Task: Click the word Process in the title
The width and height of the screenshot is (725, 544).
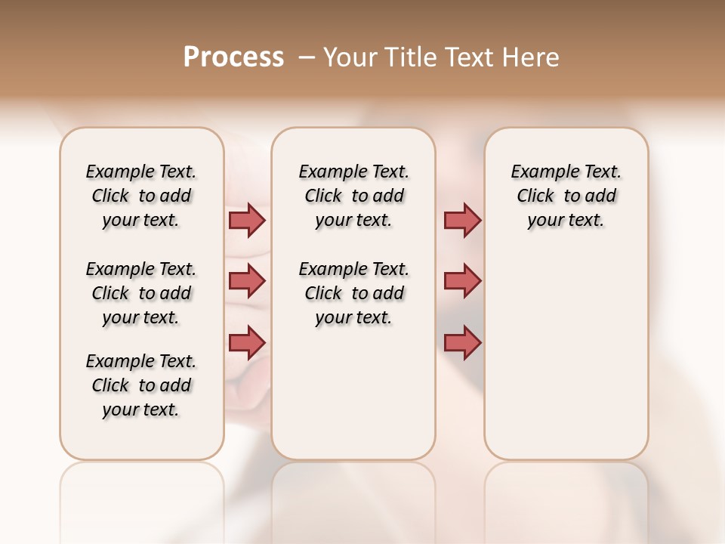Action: coord(233,57)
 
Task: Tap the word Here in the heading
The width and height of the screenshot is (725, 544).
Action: coord(532,57)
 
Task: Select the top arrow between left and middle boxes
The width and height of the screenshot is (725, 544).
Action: coord(247,220)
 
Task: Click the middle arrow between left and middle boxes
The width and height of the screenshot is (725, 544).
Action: coord(247,281)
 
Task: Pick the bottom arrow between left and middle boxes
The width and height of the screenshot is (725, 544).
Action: coord(247,342)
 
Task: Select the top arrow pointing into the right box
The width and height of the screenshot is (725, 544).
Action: coord(462,220)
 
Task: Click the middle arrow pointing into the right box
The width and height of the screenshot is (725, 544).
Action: coord(462,281)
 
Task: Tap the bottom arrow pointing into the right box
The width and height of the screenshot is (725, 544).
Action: coord(462,342)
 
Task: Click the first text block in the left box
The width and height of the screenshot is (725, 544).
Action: coord(141,196)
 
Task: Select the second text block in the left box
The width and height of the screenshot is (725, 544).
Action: coord(141,293)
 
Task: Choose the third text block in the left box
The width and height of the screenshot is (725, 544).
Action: coord(141,385)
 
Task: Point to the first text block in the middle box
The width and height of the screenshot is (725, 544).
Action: coord(353,196)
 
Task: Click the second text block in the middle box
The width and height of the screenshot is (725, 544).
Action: coord(353,293)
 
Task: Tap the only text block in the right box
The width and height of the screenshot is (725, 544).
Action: coord(566,196)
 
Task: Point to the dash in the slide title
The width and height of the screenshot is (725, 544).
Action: coord(307,57)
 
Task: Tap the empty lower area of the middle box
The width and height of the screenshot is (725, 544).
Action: coord(353,393)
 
